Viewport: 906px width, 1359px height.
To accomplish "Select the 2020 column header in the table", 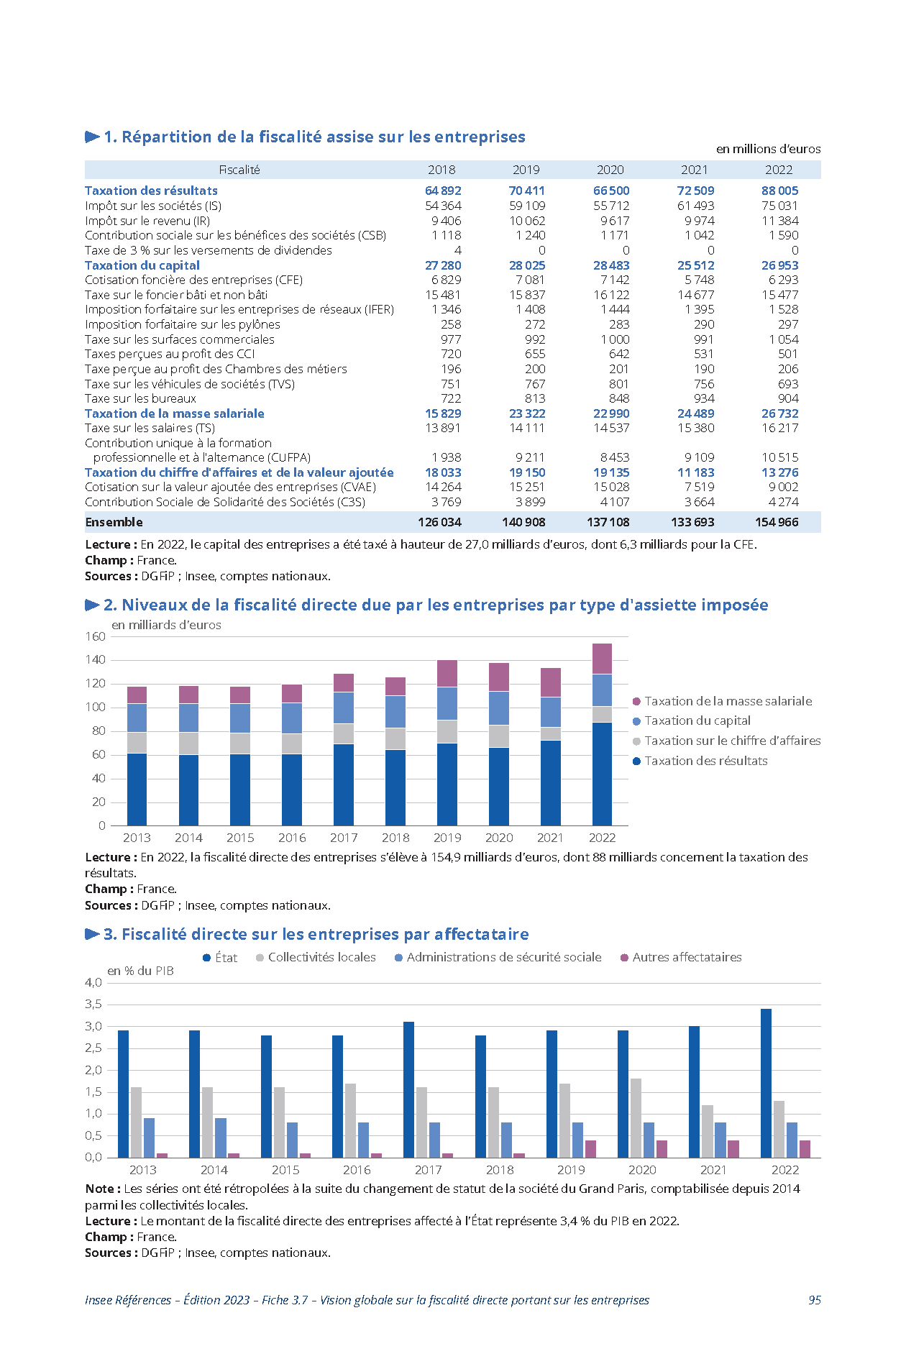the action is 610,170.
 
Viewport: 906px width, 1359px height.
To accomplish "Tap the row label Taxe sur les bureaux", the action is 140,398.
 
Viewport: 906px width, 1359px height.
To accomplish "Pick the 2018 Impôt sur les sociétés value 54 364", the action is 443,206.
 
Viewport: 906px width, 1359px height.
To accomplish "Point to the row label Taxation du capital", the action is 142,265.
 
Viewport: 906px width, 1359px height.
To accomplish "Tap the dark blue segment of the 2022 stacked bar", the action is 602,774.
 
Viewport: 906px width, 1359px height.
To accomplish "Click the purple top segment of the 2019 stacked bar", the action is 447,674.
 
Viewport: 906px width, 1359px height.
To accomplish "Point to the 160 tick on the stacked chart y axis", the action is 96,636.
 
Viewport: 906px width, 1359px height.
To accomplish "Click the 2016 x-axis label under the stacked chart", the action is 292,838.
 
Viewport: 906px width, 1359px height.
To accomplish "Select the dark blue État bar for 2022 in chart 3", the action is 766,1084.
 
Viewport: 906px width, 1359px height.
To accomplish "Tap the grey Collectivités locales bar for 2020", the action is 636,1118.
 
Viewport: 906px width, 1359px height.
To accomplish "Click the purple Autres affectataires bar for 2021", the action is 733,1149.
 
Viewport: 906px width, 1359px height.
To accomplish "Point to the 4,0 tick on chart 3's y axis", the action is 93,982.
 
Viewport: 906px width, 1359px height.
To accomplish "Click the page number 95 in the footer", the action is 815,1300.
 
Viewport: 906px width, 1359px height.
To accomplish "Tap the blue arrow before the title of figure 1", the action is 92,137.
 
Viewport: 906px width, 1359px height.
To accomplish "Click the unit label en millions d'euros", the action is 768,149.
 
